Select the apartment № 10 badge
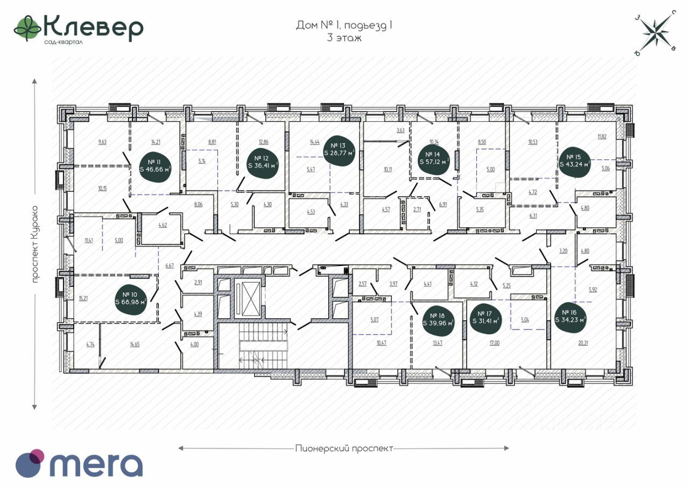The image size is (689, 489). tap(131, 298)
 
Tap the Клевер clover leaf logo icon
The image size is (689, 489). tap(27, 28)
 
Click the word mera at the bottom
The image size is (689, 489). tap(97, 464)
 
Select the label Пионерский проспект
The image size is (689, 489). tap(344, 448)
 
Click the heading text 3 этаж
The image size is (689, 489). tap(343, 38)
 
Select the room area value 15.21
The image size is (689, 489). tap(83, 297)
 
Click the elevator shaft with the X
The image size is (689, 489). tap(251, 294)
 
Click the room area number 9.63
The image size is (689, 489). tap(103, 142)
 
